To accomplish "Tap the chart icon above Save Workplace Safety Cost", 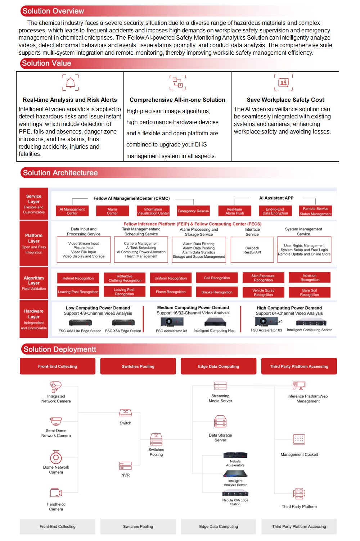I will click(x=283, y=82).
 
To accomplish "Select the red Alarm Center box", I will click(x=112, y=211).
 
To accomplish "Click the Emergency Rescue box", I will click(x=193, y=211).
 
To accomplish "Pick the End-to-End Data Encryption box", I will click(x=275, y=211).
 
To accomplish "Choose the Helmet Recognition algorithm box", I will click(x=78, y=278).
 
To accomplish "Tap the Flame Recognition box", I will click(x=171, y=292).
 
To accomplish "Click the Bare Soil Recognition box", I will click(x=310, y=292).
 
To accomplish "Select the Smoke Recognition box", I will click(x=217, y=292).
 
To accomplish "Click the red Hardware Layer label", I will click(x=34, y=319).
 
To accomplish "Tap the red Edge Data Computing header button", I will click(x=219, y=366).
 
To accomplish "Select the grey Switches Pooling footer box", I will click(x=138, y=527).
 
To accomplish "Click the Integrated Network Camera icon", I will click(x=56, y=387).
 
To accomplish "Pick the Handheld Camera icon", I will click(x=56, y=493).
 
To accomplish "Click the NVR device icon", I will click(x=125, y=466).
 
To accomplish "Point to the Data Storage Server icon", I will click(x=220, y=421).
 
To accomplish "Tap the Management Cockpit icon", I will click(x=299, y=439).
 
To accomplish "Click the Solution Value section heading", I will click(x=46, y=63).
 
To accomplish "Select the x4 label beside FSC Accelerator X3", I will click(x=280, y=321).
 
